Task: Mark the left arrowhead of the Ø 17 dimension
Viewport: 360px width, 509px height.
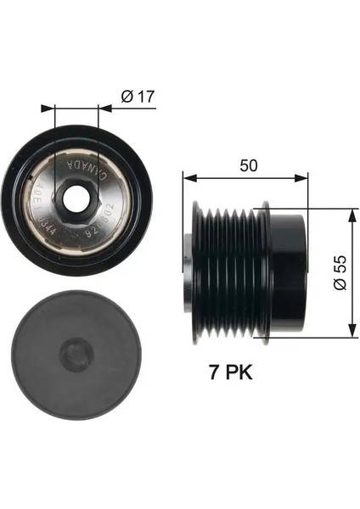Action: click(x=58, y=109)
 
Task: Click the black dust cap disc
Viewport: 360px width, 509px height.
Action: click(x=76, y=365)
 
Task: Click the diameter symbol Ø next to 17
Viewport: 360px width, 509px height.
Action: click(x=125, y=98)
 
